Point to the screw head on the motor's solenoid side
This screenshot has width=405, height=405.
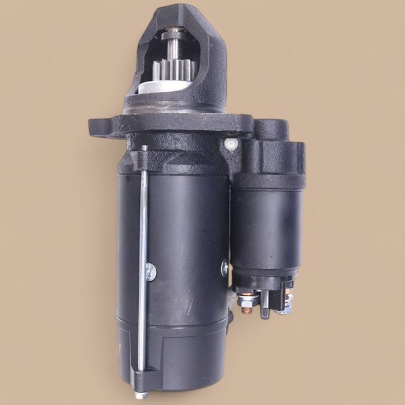click(x=224, y=266)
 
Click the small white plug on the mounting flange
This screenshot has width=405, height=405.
click(x=231, y=142)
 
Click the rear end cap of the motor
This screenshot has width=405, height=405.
click(x=174, y=353)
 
